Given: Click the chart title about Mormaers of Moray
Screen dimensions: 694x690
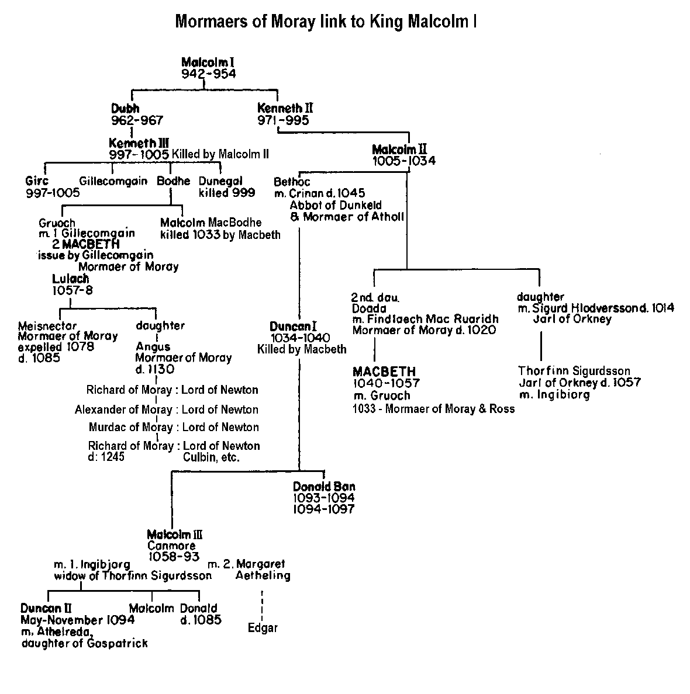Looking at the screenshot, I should click(326, 22).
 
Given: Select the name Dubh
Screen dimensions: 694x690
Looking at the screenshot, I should click(125, 108).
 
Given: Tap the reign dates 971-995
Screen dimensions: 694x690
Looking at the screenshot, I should click(283, 120).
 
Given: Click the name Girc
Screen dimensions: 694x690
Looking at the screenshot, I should click(37, 181).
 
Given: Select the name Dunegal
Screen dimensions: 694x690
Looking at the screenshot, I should click(220, 181).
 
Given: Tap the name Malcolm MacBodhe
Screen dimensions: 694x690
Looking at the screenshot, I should click(211, 223).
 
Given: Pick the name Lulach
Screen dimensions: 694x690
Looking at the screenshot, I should click(70, 279).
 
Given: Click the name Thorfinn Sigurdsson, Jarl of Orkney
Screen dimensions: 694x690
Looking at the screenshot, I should click(574, 371).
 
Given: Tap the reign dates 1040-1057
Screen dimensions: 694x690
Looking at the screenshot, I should click(386, 383).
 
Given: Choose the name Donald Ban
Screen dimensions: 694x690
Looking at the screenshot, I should click(324, 487).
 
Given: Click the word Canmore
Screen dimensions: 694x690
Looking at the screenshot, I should click(171, 546).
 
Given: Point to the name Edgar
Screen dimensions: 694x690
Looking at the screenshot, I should click(263, 628).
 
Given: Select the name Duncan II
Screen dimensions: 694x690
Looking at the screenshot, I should click(47, 608).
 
